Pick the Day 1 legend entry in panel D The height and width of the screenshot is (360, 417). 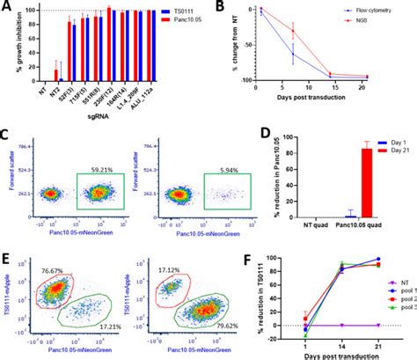click(391, 134)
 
